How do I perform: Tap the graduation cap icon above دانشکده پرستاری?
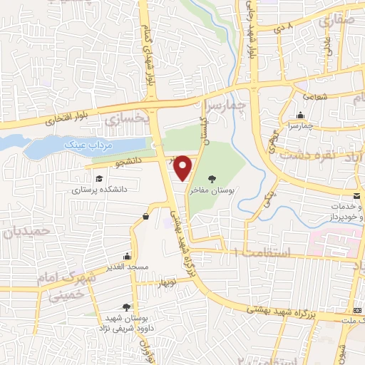[x=98, y=178]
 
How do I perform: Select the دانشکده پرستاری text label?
[x=98, y=190]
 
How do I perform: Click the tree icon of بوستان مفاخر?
[x=212, y=178]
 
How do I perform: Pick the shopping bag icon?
[x=145, y=216]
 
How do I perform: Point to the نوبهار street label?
[x=165, y=282]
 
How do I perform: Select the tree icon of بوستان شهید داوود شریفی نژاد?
[x=127, y=306]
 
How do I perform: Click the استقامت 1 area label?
[x=257, y=253]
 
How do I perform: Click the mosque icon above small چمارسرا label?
[x=302, y=114]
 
